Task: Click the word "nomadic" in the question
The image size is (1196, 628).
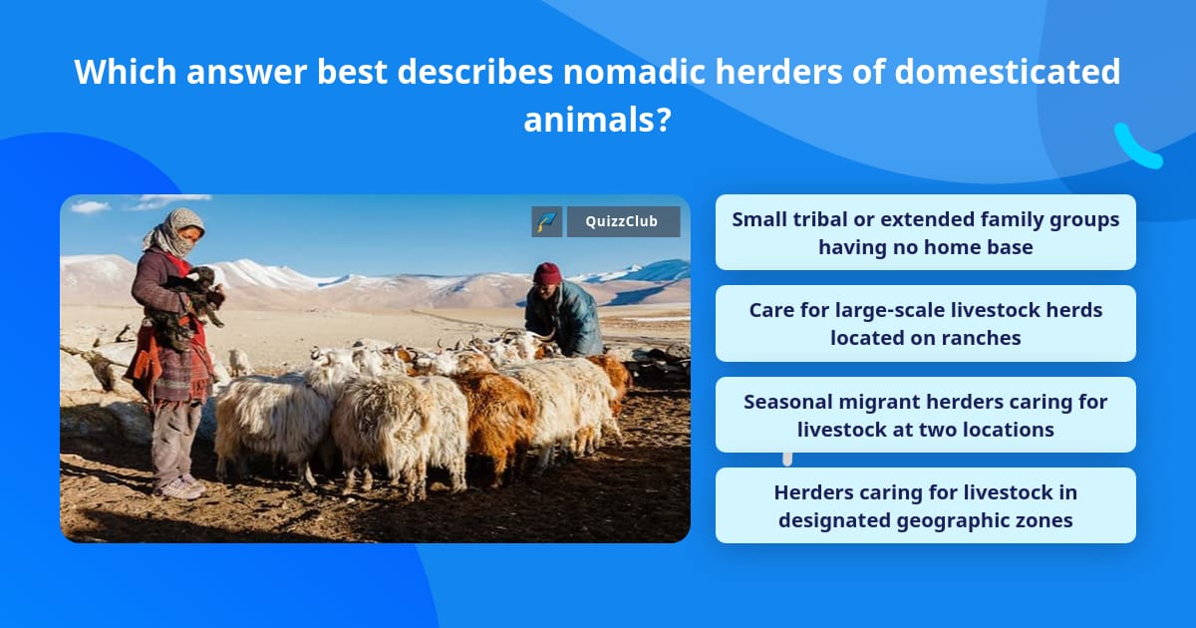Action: click(x=634, y=72)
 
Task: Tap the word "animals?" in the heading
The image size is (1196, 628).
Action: click(x=597, y=120)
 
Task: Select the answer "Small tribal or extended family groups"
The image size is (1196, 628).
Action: click(x=925, y=232)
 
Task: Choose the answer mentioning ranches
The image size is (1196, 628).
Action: click(x=925, y=324)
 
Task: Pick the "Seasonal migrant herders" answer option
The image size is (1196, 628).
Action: click(x=925, y=415)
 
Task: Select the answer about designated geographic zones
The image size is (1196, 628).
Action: click(x=925, y=505)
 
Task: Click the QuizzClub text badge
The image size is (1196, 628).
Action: click(x=623, y=221)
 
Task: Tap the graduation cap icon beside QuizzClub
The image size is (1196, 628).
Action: click(x=547, y=221)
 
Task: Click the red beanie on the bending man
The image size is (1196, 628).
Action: click(x=547, y=273)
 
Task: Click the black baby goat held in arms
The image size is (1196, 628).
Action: click(x=196, y=295)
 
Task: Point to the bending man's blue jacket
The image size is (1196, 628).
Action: click(x=564, y=317)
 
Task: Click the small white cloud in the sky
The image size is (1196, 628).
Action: click(x=90, y=206)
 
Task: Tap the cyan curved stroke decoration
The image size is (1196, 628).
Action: click(x=1137, y=148)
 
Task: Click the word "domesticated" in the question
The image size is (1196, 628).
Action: click(x=1007, y=72)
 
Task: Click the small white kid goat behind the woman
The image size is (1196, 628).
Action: click(x=239, y=362)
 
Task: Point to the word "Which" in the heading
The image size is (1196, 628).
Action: click(x=126, y=72)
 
